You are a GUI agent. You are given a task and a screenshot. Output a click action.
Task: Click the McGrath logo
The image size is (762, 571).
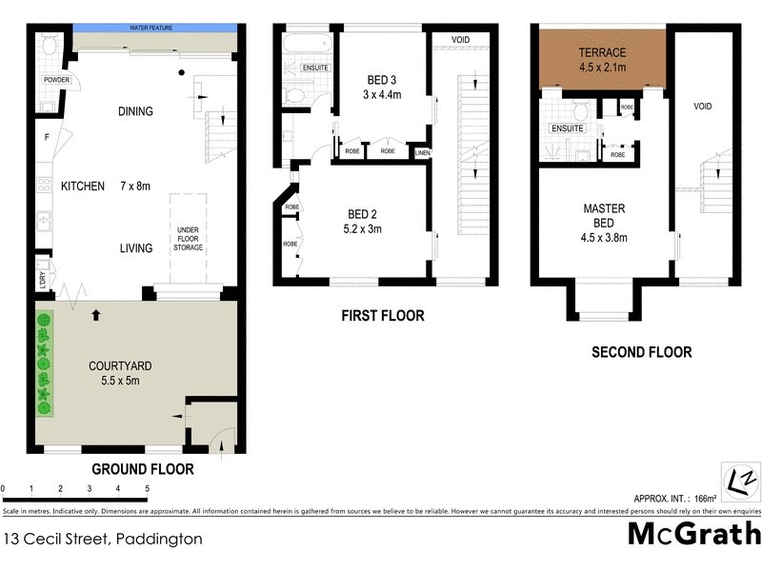pyautogui.click(x=693, y=534)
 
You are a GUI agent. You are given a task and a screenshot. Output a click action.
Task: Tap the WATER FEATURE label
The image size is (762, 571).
pyautogui.click(x=151, y=29)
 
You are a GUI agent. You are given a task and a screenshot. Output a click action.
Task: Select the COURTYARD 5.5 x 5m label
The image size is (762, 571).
pyautogui.click(x=120, y=373)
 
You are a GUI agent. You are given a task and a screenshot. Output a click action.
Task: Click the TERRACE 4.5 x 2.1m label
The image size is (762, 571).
pyautogui.click(x=602, y=59)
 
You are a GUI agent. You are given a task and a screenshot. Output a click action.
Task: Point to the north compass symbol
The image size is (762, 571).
pyautogui.click(x=737, y=476)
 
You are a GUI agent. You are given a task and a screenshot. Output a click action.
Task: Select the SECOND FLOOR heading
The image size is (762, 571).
pyautogui.click(x=641, y=352)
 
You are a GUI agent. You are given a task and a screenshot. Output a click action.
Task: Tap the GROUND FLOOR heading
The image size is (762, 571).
pyautogui.click(x=142, y=468)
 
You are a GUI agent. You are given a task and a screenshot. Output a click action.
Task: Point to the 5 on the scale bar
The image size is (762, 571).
pyautogui.click(x=148, y=488)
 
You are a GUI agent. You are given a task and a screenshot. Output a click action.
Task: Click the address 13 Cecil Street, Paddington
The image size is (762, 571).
pyautogui.click(x=103, y=539)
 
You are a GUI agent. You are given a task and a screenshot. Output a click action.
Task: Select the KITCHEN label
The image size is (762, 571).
pyautogui.click(x=83, y=187)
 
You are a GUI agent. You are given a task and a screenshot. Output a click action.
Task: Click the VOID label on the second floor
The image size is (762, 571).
pyautogui.click(x=703, y=107)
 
